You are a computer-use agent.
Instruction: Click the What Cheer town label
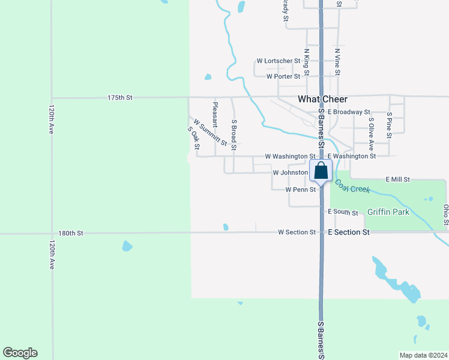pos(322,99)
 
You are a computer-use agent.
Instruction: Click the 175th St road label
pos(119,97)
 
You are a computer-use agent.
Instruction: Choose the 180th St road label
pos(71,233)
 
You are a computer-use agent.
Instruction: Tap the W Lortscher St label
pos(278,61)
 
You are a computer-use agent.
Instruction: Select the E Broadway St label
pos(349,112)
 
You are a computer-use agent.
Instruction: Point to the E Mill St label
pos(398,179)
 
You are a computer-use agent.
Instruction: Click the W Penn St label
pos(301,190)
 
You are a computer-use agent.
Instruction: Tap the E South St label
pos(343,213)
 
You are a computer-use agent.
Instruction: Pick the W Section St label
pos(297,232)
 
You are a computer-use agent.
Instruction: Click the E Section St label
pos(348,232)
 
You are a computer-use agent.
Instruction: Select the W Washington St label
pos(290,156)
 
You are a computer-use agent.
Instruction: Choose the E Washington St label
pos(351,156)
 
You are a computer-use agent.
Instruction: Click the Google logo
pos(20,353)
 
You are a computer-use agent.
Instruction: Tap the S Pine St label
pos(390,125)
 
